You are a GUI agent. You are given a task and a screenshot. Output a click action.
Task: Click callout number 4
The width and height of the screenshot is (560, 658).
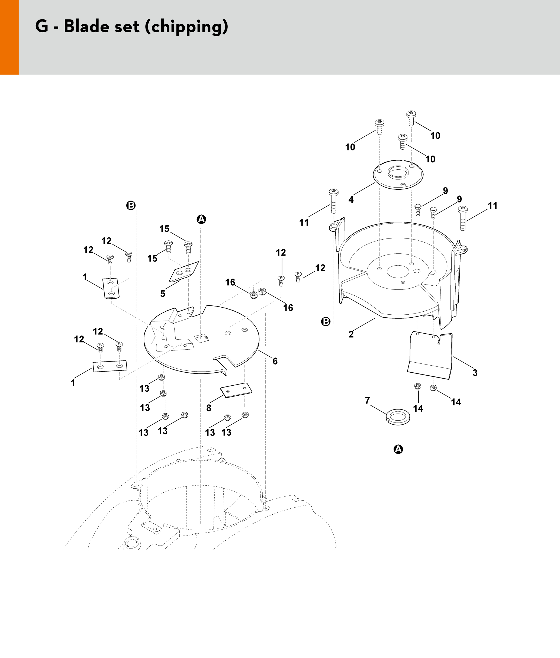351,200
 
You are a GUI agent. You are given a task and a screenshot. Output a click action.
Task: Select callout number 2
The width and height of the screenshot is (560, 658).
351,334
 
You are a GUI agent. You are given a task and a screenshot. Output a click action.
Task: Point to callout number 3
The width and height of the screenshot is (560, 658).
475,373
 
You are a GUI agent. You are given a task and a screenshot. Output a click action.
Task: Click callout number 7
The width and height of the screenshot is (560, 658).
367,401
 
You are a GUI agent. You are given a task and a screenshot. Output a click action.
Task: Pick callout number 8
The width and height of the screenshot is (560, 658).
208,408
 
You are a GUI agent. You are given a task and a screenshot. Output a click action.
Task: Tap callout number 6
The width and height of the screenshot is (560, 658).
275,361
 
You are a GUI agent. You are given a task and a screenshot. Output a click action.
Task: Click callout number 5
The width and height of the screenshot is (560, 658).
163,293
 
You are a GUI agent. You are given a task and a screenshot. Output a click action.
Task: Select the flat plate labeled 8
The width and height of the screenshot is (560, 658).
236,390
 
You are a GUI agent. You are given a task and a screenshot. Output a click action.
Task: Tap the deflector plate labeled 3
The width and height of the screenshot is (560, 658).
430,356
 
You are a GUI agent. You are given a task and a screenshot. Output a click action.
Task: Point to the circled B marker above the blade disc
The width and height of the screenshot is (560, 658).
131,205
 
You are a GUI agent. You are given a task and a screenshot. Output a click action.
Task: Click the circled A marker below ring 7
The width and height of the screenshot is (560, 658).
398,449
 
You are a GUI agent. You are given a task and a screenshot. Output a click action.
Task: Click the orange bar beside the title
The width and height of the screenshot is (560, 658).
9,37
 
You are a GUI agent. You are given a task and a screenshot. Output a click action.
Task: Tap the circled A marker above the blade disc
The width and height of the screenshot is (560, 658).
201,219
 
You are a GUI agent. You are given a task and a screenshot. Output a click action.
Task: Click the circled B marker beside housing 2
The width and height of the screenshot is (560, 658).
326,321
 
